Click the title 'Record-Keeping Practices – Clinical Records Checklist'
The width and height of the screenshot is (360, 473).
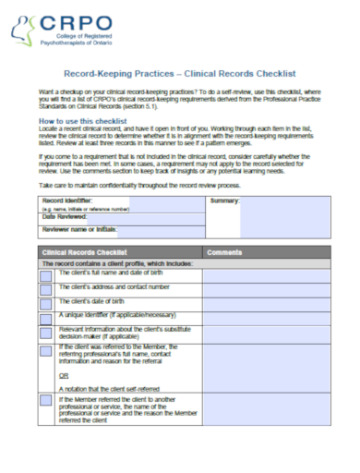pyautogui.click(x=179, y=72)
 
